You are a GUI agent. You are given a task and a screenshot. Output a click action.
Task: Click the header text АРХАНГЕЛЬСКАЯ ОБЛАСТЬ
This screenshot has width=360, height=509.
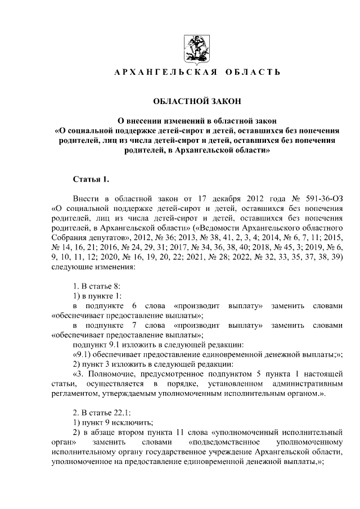197,74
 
